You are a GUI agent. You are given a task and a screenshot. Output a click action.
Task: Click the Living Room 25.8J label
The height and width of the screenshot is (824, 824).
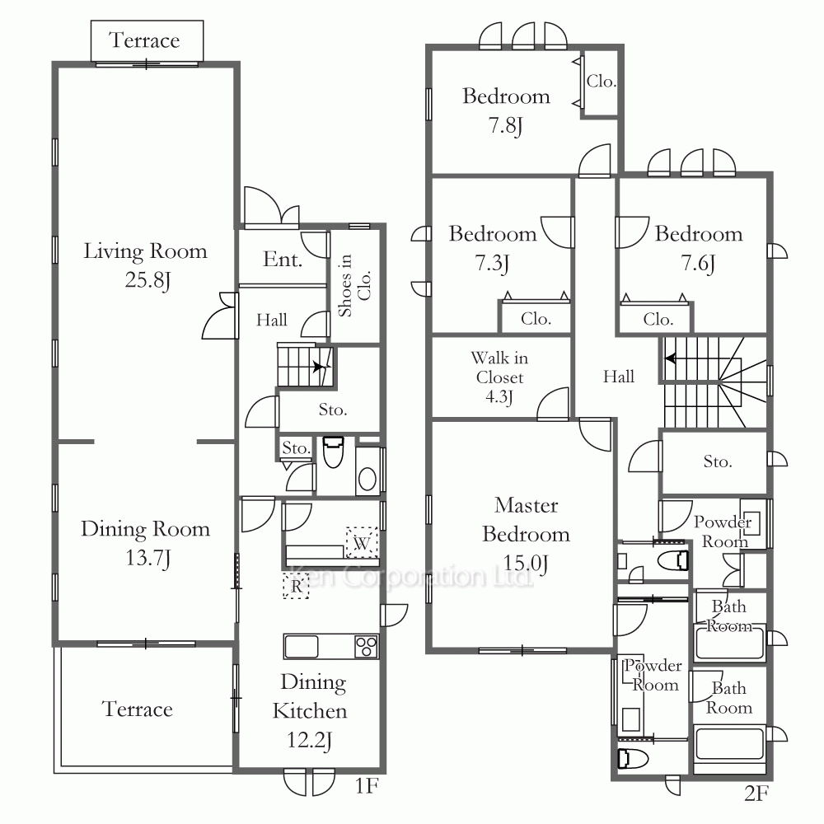click(146, 265)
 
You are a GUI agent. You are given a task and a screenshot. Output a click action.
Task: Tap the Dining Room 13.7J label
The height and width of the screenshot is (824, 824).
click(146, 543)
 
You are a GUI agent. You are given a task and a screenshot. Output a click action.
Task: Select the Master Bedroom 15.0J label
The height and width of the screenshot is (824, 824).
click(526, 534)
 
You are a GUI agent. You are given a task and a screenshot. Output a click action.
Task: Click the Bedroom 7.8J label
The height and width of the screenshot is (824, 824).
click(506, 111)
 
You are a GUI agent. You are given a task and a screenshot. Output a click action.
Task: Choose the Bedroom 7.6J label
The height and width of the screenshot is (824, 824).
click(699, 249)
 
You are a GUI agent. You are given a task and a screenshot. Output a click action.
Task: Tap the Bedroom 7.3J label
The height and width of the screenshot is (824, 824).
click(493, 249)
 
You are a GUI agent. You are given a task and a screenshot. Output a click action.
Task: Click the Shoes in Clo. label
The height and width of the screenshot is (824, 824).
click(354, 285)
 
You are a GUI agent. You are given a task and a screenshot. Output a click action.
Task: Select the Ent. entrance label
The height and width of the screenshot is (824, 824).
click(283, 259)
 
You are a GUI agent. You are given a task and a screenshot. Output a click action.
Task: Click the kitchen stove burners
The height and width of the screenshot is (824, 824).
click(367, 647)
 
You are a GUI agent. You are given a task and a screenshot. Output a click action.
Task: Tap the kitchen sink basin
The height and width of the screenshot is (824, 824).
click(301, 646)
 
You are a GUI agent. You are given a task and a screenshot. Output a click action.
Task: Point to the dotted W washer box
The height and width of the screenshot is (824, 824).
click(362, 542)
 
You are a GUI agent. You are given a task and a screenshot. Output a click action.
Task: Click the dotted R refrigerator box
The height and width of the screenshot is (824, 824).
click(297, 586)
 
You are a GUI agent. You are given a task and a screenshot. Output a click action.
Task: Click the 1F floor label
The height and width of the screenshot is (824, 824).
click(367, 786)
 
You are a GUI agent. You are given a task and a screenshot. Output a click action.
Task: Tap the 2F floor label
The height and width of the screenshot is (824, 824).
click(756, 793)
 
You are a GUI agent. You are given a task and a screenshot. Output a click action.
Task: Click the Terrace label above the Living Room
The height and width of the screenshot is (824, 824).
click(144, 40)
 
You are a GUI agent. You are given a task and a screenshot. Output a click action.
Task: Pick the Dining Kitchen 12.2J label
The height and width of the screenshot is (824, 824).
click(310, 710)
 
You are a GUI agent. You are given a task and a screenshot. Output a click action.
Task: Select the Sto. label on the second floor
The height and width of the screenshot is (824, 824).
click(718, 461)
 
